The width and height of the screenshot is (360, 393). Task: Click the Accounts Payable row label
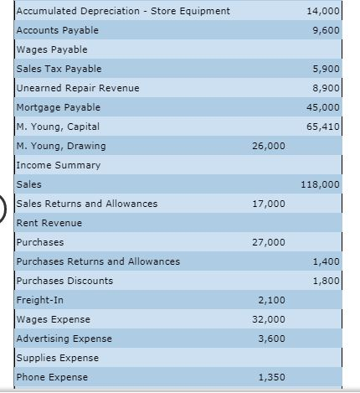click(x=57, y=30)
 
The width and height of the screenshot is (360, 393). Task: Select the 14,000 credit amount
click(x=325, y=11)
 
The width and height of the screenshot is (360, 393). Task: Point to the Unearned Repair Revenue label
click(x=78, y=88)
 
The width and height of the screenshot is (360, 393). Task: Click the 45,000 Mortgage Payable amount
click(x=325, y=107)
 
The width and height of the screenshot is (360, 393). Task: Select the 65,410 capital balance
click(x=325, y=127)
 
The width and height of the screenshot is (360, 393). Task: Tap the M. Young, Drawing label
click(x=61, y=146)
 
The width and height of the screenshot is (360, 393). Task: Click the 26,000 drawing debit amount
click(x=268, y=146)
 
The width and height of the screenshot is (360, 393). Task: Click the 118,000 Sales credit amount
click(x=321, y=184)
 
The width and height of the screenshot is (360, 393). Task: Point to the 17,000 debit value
click(x=268, y=204)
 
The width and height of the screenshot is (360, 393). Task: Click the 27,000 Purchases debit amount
click(x=268, y=242)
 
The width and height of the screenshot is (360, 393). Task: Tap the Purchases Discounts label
click(x=64, y=281)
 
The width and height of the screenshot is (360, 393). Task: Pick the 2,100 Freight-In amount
click(x=270, y=300)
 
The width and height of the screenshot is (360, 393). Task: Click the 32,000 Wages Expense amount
click(x=268, y=319)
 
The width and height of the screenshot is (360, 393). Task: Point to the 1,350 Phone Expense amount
click(x=270, y=377)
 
